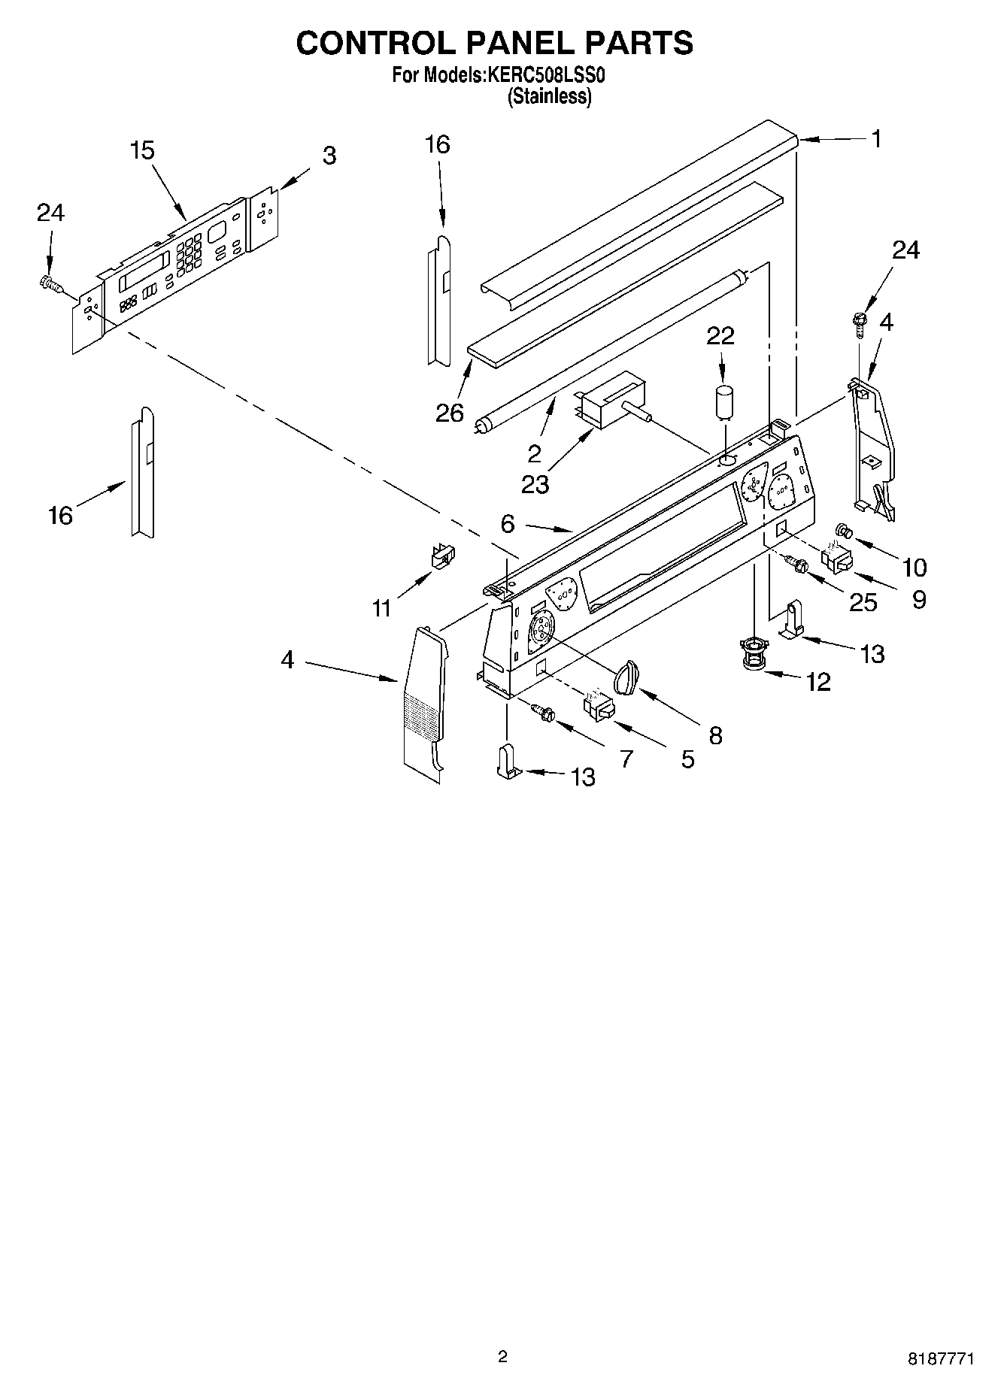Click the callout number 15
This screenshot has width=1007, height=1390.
[141, 150]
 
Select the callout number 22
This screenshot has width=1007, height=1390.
[720, 335]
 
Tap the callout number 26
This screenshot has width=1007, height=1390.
[449, 413]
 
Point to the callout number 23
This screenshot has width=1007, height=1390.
[535, 484]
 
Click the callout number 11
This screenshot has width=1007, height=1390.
[381, 607]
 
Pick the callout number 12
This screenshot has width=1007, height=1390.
[817, 682]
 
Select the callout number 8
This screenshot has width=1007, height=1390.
[714, 735]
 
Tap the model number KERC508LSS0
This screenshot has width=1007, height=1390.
[546, 75]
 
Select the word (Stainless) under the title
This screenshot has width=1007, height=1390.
[549, 96]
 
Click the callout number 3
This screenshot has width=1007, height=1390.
[329, 156]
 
